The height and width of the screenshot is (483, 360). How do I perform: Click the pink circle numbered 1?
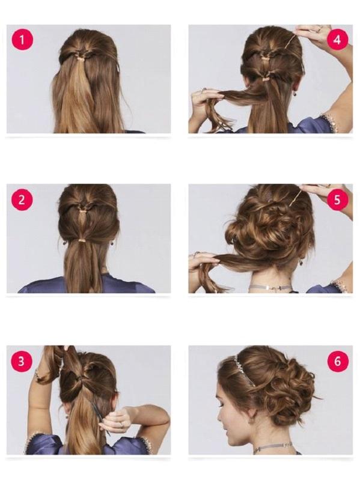point(22,40)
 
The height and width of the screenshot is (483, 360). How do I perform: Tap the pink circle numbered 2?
point(22,199)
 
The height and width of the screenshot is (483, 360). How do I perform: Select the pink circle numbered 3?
point(22,361)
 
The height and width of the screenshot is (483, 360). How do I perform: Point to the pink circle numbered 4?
point(338,40)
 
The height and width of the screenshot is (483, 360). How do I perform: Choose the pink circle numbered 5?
point(338,199)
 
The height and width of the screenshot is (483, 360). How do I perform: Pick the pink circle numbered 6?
point(338,361)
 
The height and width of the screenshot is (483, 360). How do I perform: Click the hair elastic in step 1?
point(81,58)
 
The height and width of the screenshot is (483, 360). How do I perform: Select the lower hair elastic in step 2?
point(82,239)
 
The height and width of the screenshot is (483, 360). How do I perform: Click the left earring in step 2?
point(64,243)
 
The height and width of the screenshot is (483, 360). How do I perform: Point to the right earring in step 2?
point(112,243)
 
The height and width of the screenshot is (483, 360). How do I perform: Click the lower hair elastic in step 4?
point(266,79)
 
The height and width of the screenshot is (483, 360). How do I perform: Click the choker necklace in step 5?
point(270,288)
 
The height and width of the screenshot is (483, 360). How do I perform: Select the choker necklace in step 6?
point(273,446)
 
